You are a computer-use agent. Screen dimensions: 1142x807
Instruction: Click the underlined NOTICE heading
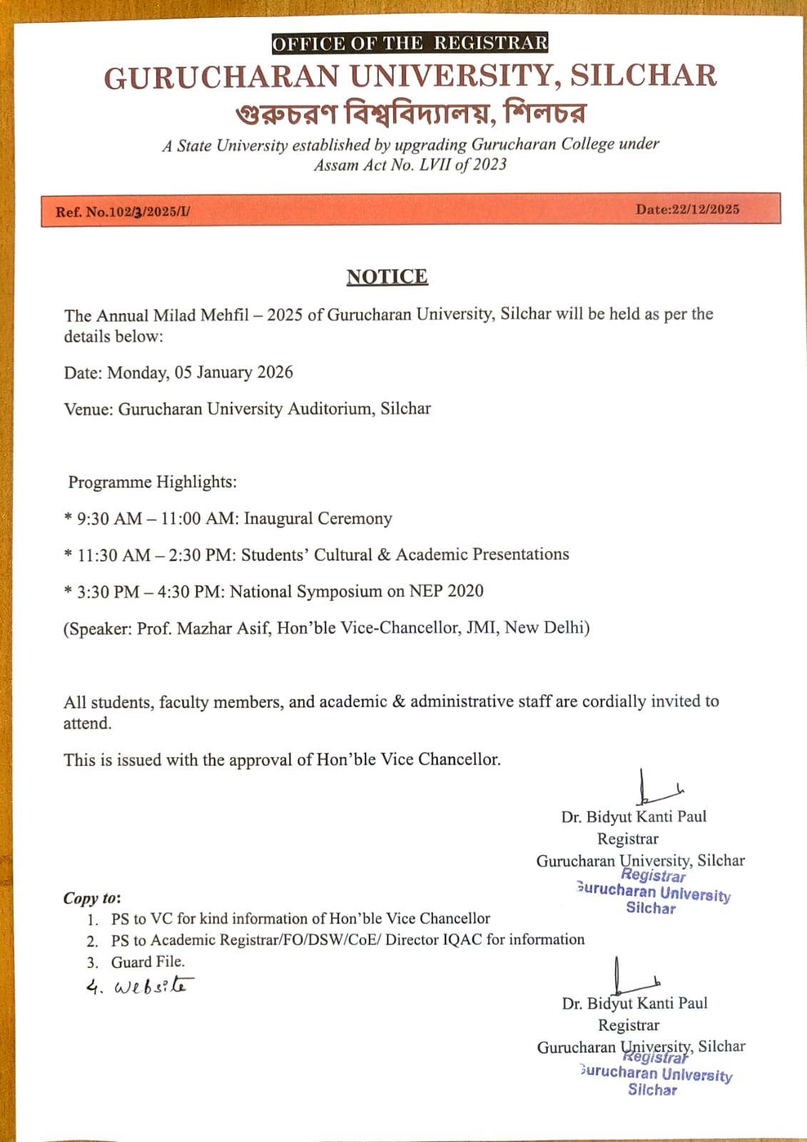pos(387,277)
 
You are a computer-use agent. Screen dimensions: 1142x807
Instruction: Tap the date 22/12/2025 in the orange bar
pos(705,209)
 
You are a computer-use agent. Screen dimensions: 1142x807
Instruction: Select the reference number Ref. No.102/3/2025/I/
pos(123,212)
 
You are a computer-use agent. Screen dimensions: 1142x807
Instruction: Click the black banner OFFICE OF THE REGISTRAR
pos(410,44)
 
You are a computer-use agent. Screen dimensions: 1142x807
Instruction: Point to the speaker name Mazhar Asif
pos(223,629)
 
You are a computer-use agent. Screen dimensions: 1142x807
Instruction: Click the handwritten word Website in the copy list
pos(152,986)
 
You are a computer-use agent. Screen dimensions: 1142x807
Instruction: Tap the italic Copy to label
pos(91,898)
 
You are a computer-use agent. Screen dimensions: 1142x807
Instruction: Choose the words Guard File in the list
pos(147,962)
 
